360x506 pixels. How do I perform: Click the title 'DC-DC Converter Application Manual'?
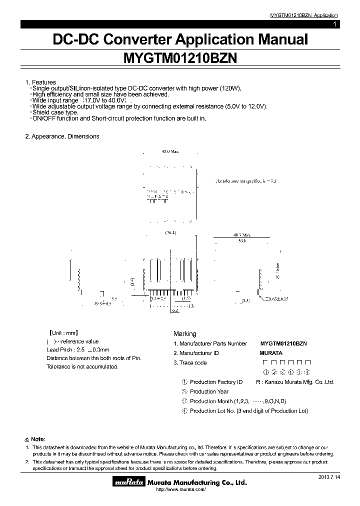pos(180,39)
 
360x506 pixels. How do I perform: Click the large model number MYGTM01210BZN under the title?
pos(180,58)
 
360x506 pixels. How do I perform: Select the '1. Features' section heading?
pos(40,82)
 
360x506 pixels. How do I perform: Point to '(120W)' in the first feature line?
pos(229,88)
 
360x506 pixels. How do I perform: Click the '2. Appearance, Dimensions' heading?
pos(62,136)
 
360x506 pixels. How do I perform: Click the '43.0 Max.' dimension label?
pos(170,151)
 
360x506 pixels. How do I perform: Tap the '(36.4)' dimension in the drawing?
pos(170,232)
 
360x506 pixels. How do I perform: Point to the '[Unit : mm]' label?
pos(62,332)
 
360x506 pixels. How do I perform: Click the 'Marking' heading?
pos(184,333)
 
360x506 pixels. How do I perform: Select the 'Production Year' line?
pos(209,391)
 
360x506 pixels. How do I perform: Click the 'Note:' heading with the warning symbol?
pos(35,438)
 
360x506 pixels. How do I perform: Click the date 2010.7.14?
pos(328,477)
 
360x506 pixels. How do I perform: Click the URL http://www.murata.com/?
pos(181,489)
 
